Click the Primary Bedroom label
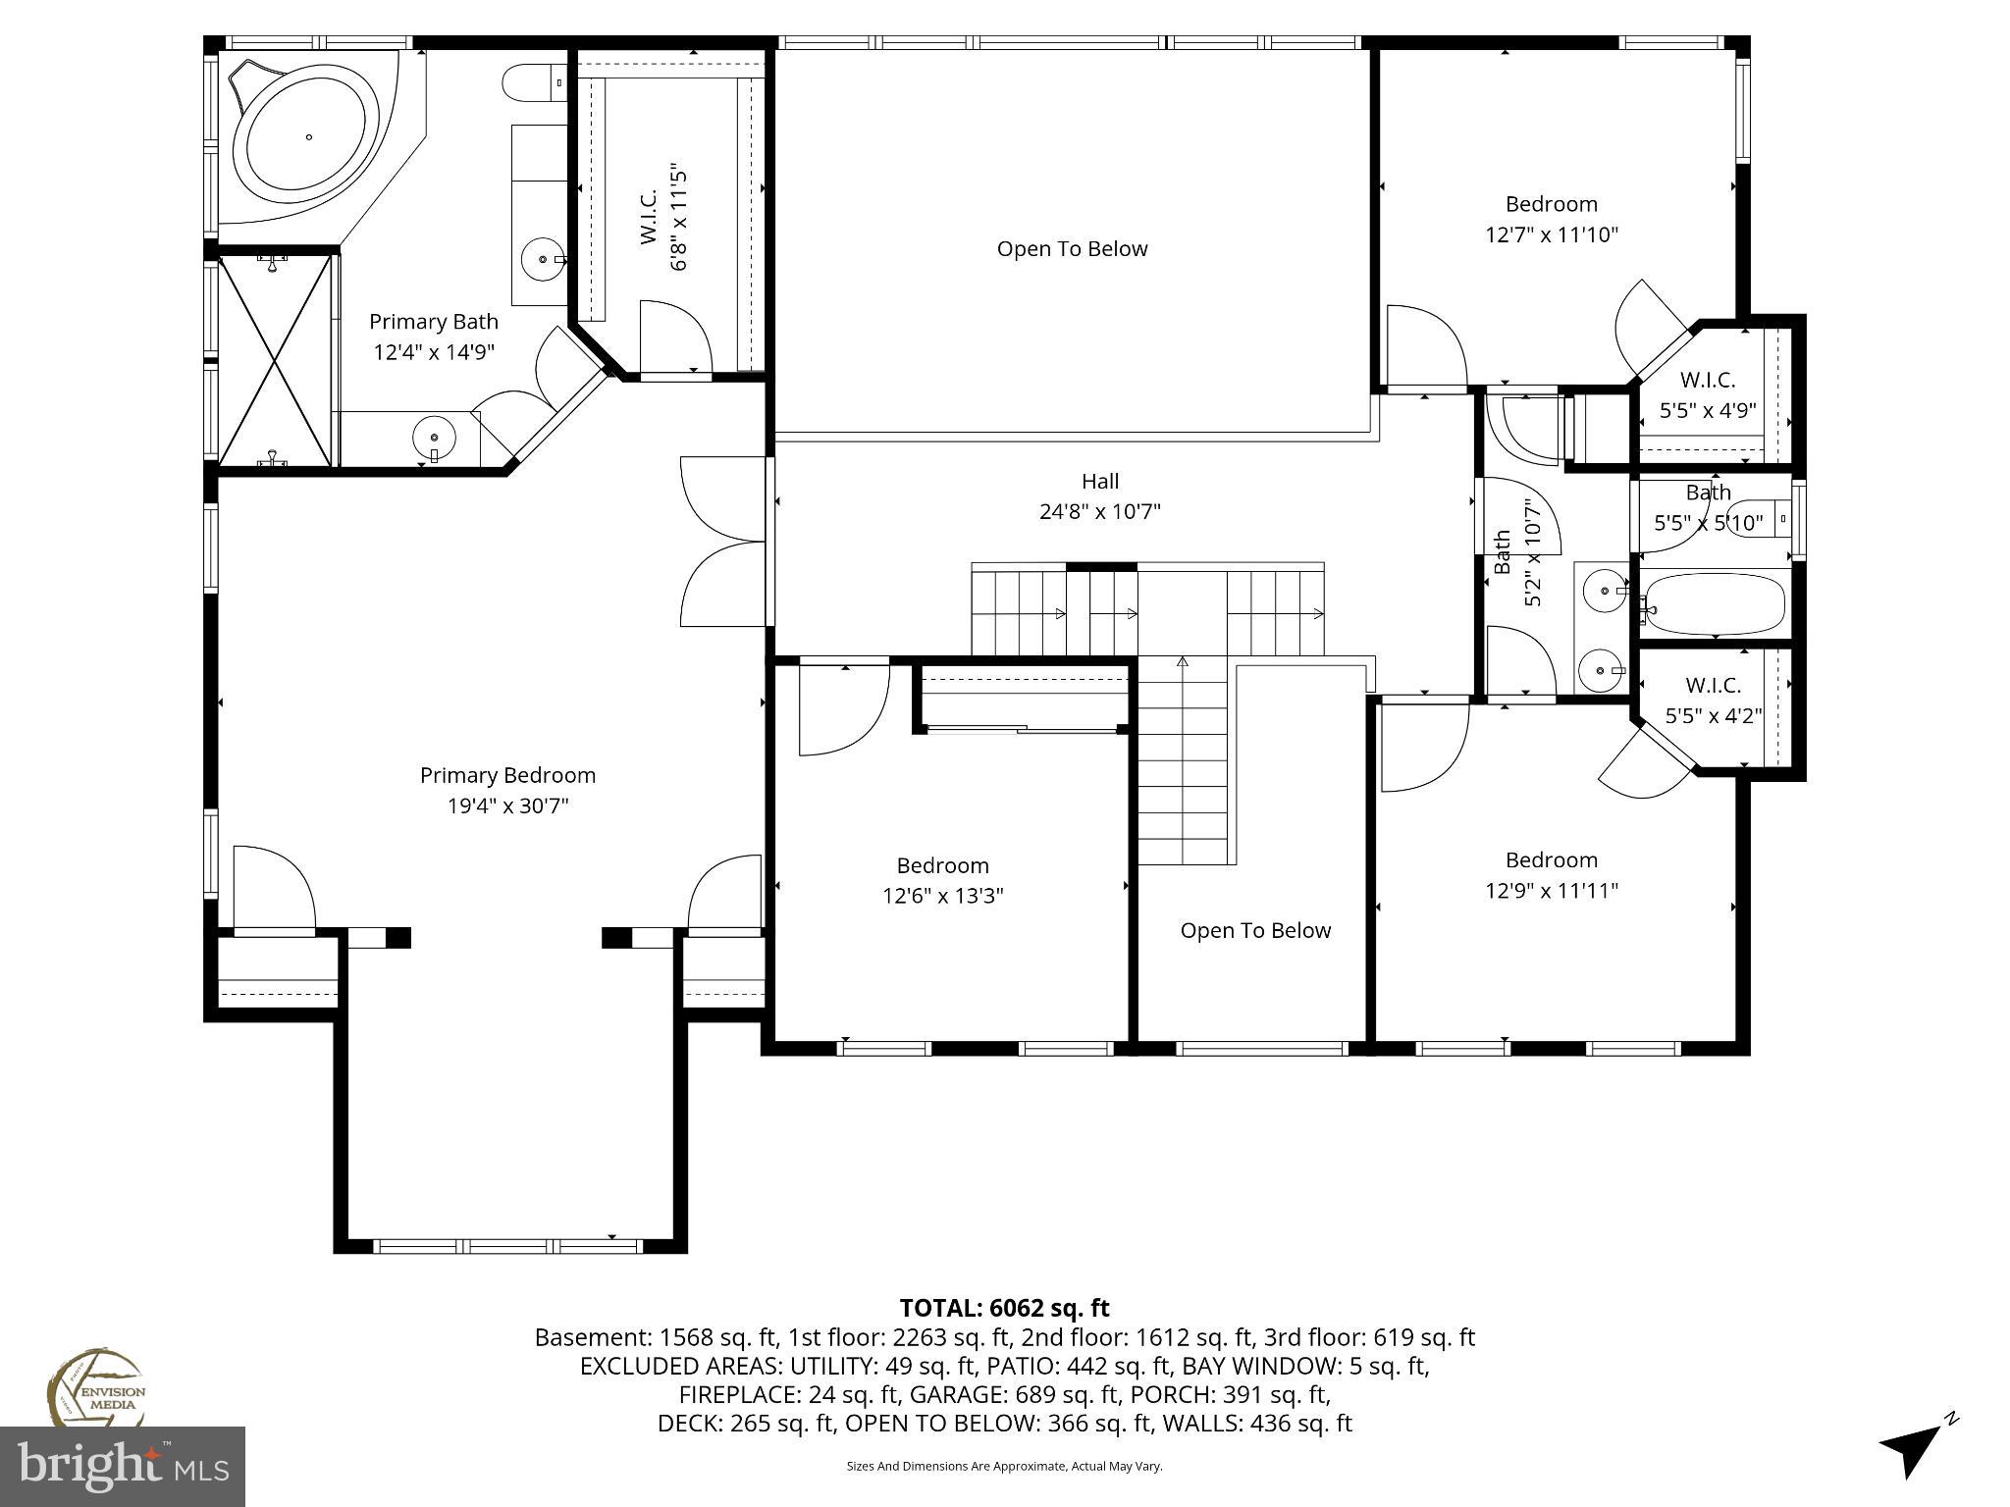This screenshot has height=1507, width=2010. click(507, 775)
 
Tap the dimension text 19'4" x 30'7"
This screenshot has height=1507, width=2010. click(507, 806)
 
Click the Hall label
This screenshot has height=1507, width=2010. click(1099, 481)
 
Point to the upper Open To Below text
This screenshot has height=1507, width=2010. click(1072, 249)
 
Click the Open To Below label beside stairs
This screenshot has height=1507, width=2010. click(1255, 930)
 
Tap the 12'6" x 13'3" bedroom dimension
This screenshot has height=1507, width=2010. click(942, 896)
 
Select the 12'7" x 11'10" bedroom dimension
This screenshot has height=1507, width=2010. click(1551, 235)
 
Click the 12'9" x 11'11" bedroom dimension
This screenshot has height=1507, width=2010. click(1551, 891)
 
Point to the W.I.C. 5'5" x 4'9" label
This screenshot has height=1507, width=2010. click(1708, 395)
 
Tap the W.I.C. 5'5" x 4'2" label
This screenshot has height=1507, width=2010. click(1714, 701)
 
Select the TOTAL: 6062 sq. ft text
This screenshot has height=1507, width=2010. click(1004, 1308)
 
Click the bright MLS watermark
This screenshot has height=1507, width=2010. click(123, 1466)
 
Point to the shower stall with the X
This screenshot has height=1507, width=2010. click(275, 360)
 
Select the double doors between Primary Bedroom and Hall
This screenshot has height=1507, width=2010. click(723, 542)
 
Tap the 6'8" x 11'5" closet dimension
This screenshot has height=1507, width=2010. click(677, 218)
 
